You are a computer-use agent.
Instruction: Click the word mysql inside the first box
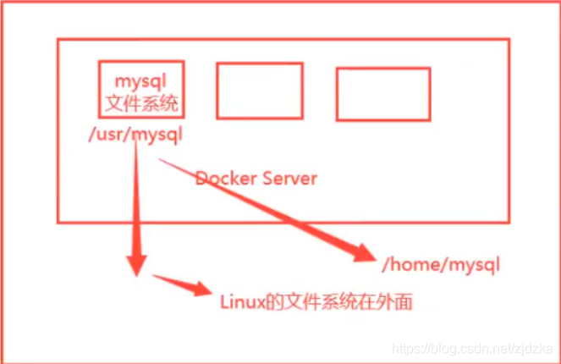point(140,82)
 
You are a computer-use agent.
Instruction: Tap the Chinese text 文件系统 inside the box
point(141,103)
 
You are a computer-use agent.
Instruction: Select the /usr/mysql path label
point(135,135)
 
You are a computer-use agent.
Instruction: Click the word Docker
point(226,179)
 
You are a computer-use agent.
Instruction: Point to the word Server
point(289,179)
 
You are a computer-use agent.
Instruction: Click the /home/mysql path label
point(441,265)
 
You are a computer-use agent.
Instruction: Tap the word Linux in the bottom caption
point(242,301)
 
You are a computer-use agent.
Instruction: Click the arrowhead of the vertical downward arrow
point(136,265)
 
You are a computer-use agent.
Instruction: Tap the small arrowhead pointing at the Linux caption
point(202,289)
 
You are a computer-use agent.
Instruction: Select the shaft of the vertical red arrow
point(136,197)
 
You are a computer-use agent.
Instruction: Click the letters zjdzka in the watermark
point(535,349)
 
